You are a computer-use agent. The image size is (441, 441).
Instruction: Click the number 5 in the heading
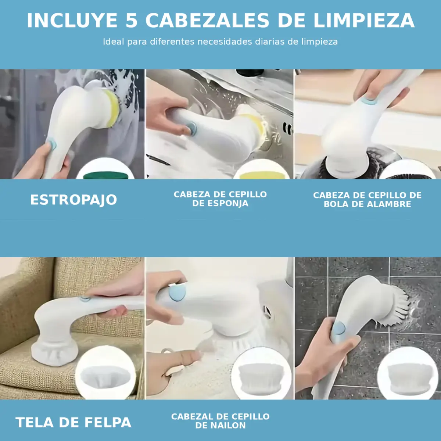tap(132, 21)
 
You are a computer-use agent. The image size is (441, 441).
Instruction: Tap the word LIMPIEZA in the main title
tap(364, 21)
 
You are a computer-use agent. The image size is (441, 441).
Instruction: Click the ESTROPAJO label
tap(74, 200)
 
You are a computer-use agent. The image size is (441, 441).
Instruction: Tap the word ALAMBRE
tap(387, 204)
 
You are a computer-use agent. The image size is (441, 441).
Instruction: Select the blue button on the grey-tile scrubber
tap(339, 328)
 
